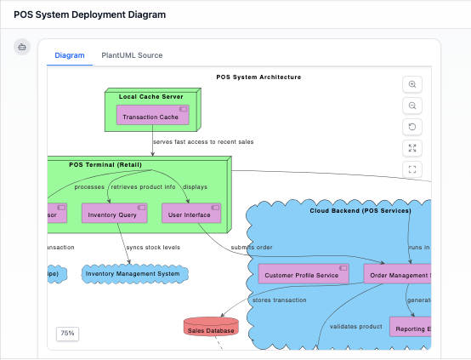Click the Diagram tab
pos(70,55)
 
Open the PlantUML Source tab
pos(132,55)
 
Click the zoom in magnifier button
pos(412,84)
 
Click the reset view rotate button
pos(412,127)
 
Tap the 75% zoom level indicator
pos(67,334)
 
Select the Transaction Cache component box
pos(152,117)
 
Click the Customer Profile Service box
pos(303,274)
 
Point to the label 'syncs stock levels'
pos(153,248)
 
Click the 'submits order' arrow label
pos(252,248)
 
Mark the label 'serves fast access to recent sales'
pos(203,141)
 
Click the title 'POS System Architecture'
pos(258,77)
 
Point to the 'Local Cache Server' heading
pos(151,96)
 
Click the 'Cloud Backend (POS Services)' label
pos(360,210)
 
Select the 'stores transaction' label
pos(280,300)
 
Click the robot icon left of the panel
pos(22,47)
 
